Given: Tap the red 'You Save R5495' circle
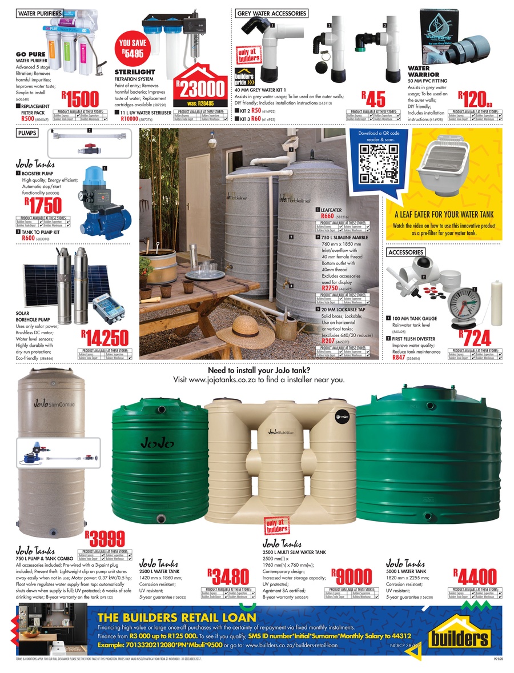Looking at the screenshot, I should tap(132, 48).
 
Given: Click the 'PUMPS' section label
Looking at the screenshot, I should tap(27, 133).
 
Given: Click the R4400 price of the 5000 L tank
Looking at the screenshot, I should tap(475, 575).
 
